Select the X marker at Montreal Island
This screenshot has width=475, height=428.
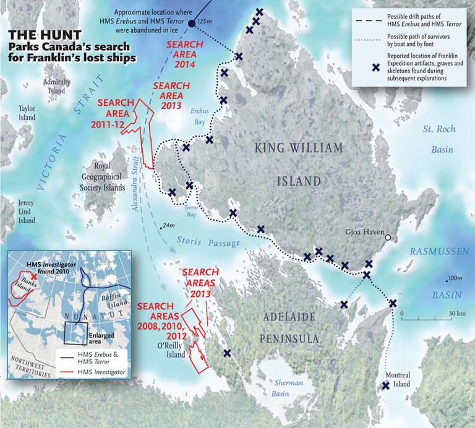[386, 385]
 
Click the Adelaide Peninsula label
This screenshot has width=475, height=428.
[290, 327]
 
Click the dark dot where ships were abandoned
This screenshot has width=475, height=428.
[192, 24]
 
